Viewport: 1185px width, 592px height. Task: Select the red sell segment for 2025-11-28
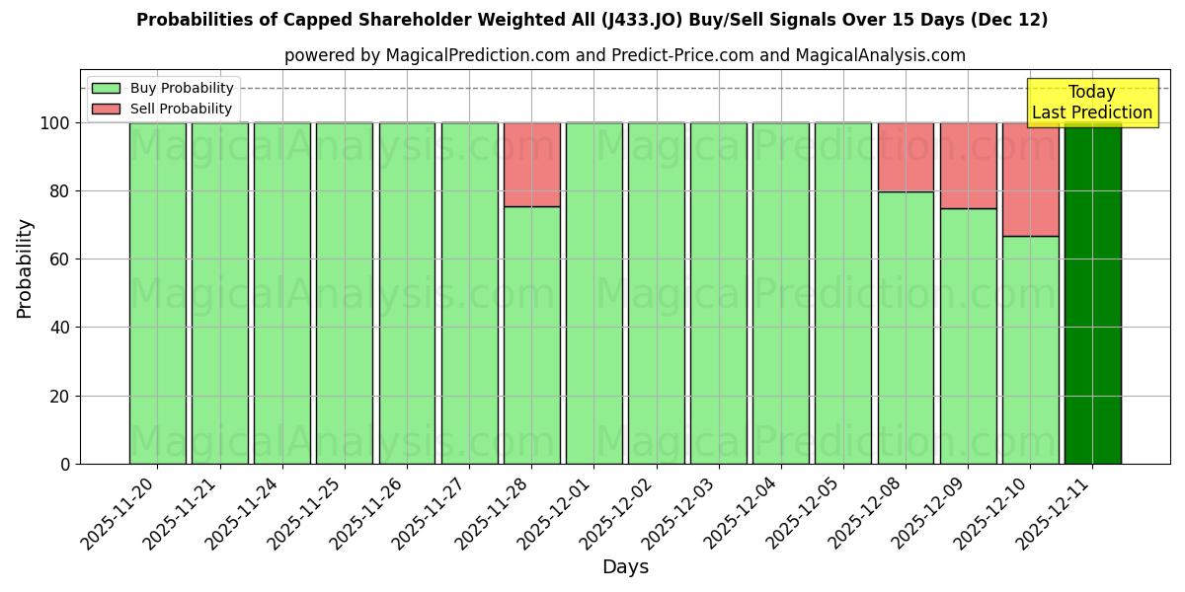(531, 165)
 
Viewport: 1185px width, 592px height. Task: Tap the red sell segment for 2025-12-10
(1030, 180)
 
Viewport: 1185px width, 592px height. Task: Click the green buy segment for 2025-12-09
(968, 335)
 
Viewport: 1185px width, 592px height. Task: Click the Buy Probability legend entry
(164, 89)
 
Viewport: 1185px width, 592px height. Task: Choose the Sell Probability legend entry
(164, 110)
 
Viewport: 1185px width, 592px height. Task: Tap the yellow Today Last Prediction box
(1091, 104)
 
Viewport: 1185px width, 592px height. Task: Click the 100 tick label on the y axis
(54, 123)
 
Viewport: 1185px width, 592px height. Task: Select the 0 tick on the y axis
(64, 464)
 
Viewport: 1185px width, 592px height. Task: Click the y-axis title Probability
(25, 268)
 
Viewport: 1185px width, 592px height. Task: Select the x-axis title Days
(625, 567)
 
